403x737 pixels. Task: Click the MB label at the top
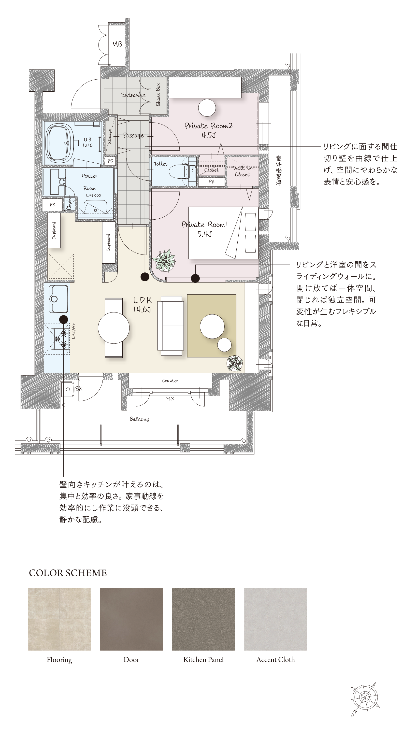117,44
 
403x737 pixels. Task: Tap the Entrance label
133,95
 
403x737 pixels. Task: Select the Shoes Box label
158,95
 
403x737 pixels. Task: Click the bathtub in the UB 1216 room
59,143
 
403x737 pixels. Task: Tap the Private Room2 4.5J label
209,130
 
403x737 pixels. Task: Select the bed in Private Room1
223,233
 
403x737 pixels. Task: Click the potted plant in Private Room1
164,261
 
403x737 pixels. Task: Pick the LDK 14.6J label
142,304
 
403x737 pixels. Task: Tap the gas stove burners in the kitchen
60,339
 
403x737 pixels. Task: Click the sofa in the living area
171,326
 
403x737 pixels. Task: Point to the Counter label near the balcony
170,381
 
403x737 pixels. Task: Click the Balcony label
139,419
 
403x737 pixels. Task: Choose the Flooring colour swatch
59,619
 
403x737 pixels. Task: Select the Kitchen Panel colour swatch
203,619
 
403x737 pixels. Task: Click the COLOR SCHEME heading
68,573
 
